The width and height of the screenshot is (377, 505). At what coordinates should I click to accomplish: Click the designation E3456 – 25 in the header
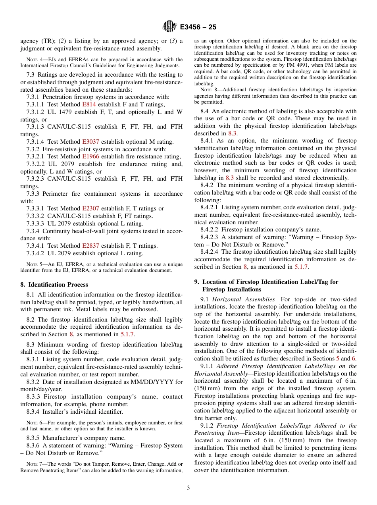point(198,27)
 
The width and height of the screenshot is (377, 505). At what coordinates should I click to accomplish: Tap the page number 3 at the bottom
point(188,488)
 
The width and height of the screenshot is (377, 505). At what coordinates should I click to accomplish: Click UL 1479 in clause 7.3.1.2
point(59,112)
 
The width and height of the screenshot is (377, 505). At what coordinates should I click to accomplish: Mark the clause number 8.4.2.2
point(211,229)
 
